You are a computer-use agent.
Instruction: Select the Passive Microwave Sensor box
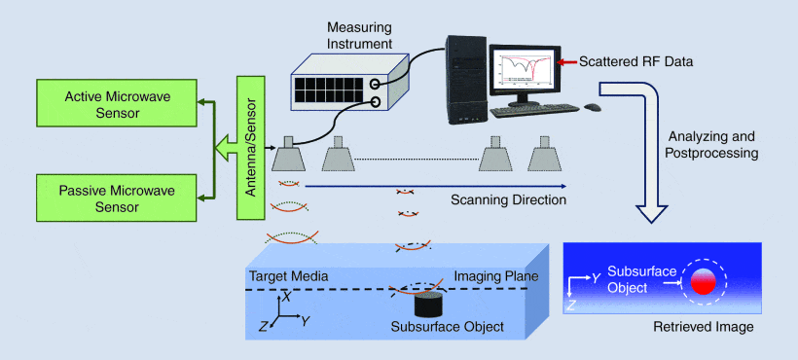(117, 198)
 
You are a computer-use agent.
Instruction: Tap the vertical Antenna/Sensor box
(250, 148)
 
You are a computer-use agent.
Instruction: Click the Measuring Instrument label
(359, 35)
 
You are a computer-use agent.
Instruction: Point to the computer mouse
(592, 107)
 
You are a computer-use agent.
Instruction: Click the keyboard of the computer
(534, 110)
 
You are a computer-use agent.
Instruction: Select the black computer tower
(467, 80)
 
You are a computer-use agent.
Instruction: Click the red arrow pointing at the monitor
(567, 62)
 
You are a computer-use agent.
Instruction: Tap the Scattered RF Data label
(636, 62)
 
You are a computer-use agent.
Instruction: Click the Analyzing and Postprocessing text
(711, 144)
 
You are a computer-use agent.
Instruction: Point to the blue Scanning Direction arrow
(436, 186)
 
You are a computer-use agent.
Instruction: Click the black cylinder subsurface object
(428, 306)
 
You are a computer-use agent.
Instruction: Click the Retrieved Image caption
(704, 327)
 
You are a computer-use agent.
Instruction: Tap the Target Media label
(288, 276)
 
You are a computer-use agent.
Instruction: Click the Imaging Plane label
(495, 276)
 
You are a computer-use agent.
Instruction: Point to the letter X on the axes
(287, 298)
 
